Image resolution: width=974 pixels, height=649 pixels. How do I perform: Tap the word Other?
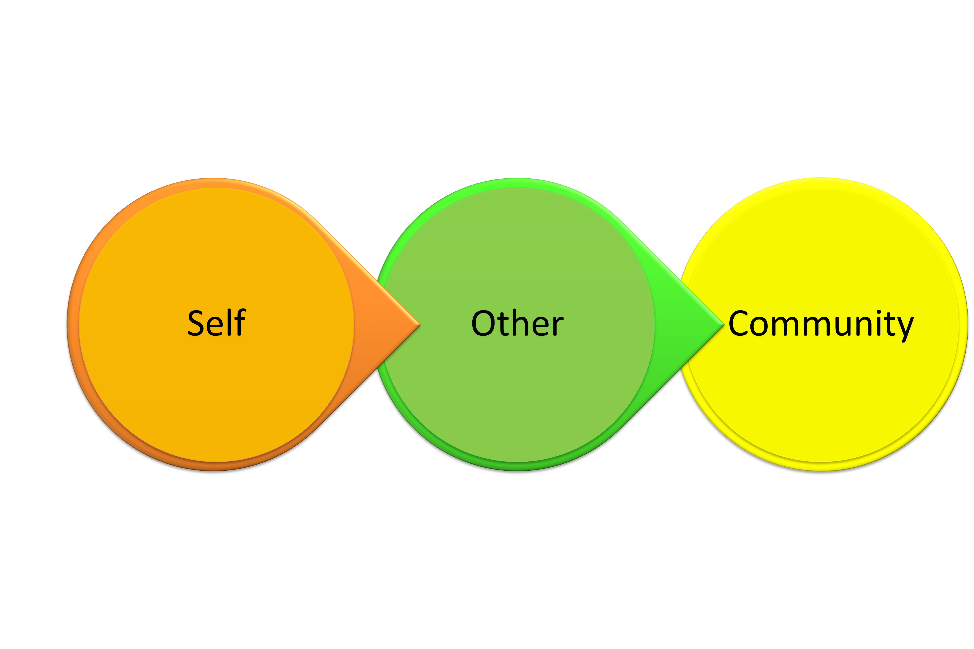tap(517, 323)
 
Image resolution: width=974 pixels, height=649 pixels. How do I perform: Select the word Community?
tap(820, 324)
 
